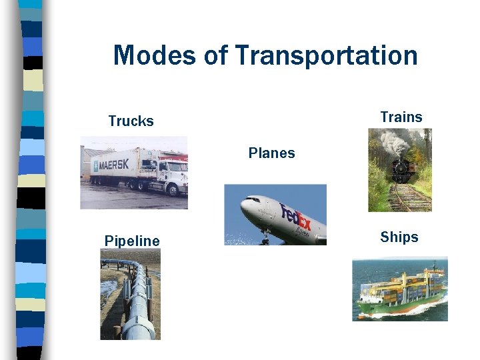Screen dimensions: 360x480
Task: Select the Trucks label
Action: click(x=131, y=121)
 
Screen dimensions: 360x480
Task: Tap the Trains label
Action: click(x=401, y=117)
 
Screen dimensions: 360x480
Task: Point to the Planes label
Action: click(x=271, y=153)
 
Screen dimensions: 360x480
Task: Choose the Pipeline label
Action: click(x=132, y=241)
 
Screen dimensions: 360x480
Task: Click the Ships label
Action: click(x=399, y=237)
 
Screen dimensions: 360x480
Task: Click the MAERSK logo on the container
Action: click(x=111, y=165)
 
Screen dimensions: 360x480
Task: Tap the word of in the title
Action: click(x=215, y=55)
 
